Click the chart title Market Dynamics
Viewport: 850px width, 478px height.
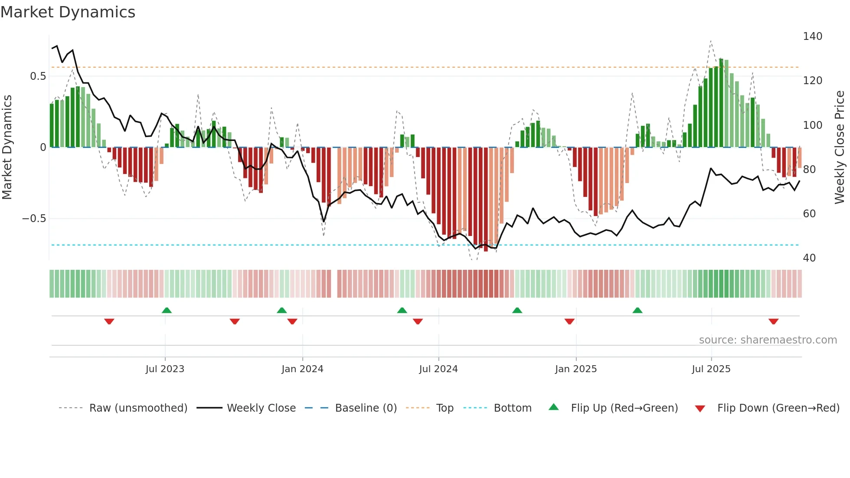(x=68, y=12)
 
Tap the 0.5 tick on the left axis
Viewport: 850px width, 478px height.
(x=38, y=76)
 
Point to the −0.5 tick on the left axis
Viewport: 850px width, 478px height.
(x=34, y=219)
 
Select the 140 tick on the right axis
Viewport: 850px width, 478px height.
(x=812, y=36)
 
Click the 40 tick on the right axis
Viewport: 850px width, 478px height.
(x=809, y=258)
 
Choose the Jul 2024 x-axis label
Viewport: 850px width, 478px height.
(x=438, y=369)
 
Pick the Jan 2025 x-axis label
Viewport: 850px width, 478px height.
(x=575, y=369)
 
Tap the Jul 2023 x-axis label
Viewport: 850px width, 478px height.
(x=165, y=369)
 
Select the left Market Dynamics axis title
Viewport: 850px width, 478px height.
(x=7, y=147)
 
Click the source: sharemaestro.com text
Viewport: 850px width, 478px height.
(x=768, y=340)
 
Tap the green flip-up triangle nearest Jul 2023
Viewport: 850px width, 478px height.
(x=167, y=310)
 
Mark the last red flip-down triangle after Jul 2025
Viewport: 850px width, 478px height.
(x=773, y=321)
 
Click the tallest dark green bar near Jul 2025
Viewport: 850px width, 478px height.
(x=721, y=103)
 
